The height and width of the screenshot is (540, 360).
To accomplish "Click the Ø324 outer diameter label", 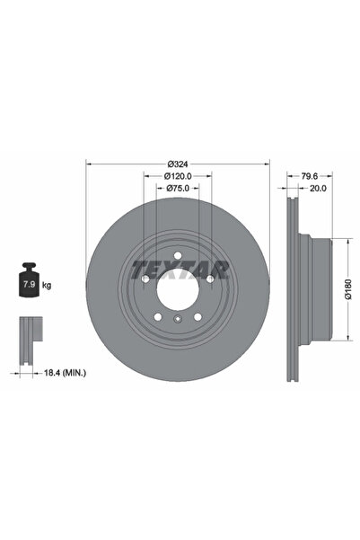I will (x=178, y=164).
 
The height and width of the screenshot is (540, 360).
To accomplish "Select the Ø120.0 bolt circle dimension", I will (x=178, y=177).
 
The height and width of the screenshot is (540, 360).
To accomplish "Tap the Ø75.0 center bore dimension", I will (x=178, y=190).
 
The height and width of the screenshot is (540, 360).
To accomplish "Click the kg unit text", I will (x=47, y=285).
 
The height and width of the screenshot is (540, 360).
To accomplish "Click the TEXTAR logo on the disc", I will (x=180, y=270).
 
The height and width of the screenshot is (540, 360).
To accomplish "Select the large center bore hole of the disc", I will (x=178, y=289).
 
